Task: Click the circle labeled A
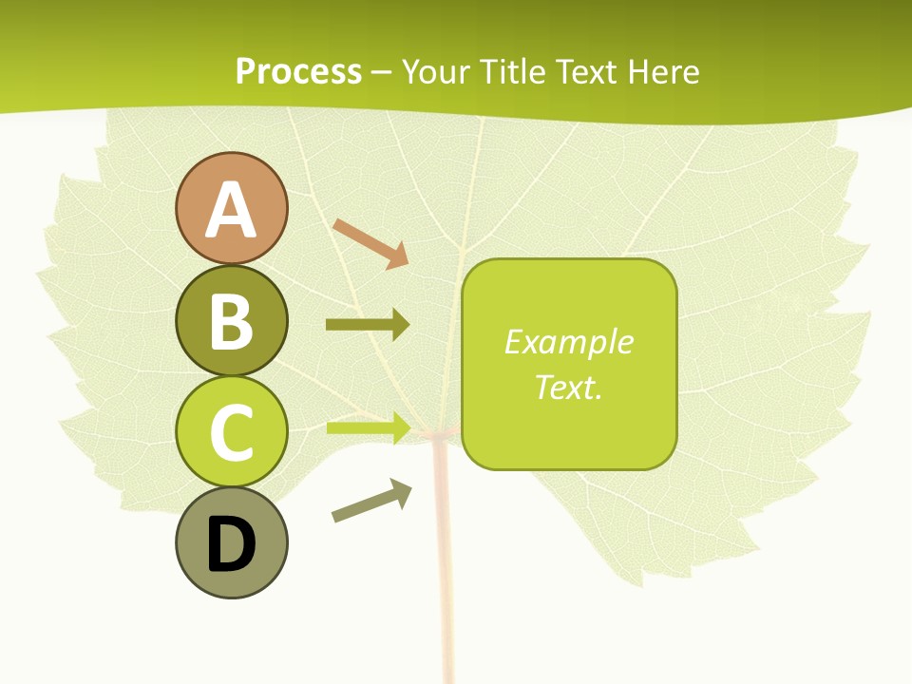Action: tap(231, 208)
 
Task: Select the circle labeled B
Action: tap(231, 320)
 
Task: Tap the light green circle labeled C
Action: tap(231, 432)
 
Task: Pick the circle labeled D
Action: tap(231, 543)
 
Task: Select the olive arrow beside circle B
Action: tap(368, 325)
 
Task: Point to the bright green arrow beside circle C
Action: tap(368, 427)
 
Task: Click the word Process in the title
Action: tap(298, 71)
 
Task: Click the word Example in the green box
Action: tap(568, 342)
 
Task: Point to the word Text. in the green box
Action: tap(568, 387)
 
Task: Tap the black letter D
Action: tap(231, 545)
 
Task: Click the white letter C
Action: tap(231, 433)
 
